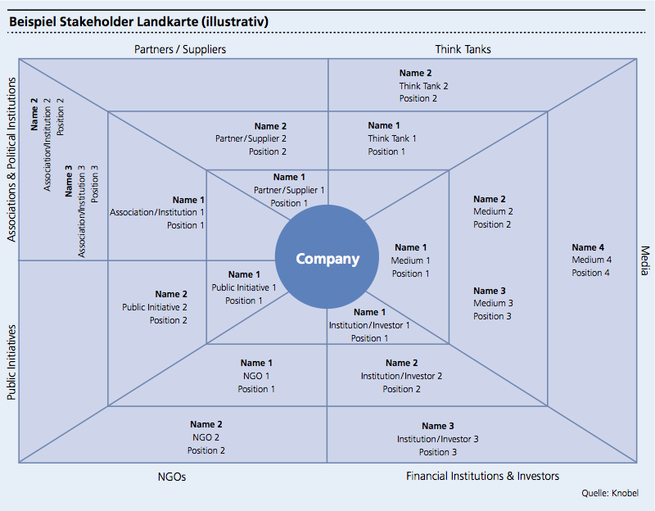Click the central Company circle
(327, 259)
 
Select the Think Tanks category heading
(463, 49)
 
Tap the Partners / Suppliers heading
(180, 49)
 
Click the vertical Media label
(644, 260)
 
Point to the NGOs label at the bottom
(172, 476)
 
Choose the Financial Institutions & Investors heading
(483, 476)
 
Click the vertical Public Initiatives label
(11, 360)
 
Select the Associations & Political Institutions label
(11, 160)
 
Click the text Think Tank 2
(423, 86)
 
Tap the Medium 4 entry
(591, 260)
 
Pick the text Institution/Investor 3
(438, 439)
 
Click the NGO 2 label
(206, 437)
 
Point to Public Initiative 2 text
(155, 307)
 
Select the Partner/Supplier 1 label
(289, 190)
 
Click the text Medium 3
(493, 303)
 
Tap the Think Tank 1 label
(391, 138)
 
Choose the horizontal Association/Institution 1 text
(157, 212)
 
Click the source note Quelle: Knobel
(610, 493)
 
